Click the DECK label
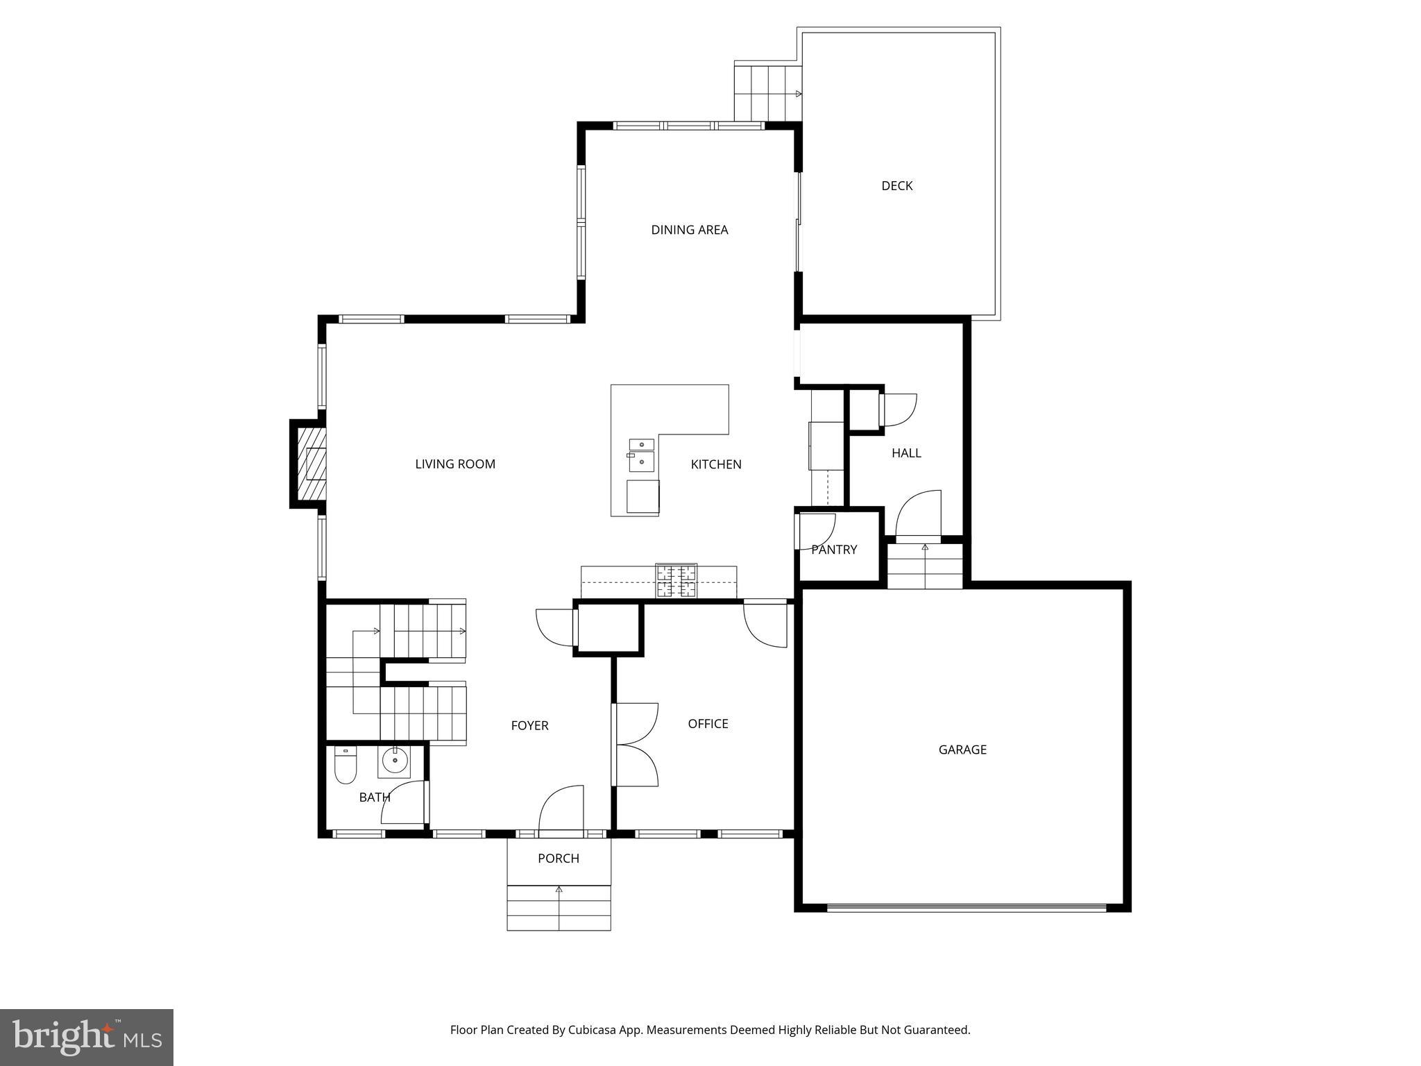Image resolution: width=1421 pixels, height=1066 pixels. (x=896, y=186)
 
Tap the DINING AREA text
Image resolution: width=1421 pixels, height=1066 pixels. (x=689, y=230)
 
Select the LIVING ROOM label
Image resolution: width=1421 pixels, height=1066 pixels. (x=455, y=464)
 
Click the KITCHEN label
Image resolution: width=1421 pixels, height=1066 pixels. (x=716, y=464)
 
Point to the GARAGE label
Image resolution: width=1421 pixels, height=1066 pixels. (x=962, y=750)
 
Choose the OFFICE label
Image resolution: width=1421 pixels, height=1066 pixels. (x=708, y=724)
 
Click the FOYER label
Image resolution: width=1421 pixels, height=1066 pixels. (x=529, y=726)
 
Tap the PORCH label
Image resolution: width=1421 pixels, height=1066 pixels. (x=558, y=858)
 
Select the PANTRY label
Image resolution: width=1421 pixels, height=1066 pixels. (x=834, y=550)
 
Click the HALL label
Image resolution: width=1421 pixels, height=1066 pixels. (x=906, y=453)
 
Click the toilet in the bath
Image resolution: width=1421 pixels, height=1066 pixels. (x=345, y=766)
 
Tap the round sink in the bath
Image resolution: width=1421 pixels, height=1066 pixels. (x=395, y=761)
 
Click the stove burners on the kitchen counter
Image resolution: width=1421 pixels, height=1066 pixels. (x=677, y=582)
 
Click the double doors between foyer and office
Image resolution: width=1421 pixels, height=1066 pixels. (x=635, y=745)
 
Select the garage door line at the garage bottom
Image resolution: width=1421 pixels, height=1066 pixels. (x=966, y=907)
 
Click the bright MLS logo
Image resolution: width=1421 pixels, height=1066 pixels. (x=87, y=1037)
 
